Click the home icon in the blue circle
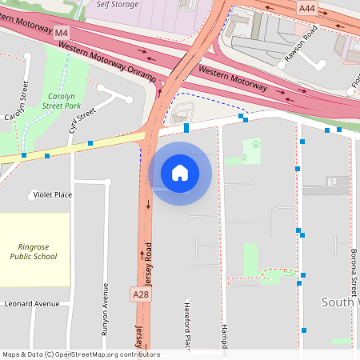179,173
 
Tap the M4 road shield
62,33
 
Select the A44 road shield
307,7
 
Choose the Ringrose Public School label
33,252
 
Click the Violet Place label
52,194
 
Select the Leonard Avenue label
32,304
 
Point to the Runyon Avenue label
104,308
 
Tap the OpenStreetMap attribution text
80,354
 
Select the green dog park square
255,145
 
